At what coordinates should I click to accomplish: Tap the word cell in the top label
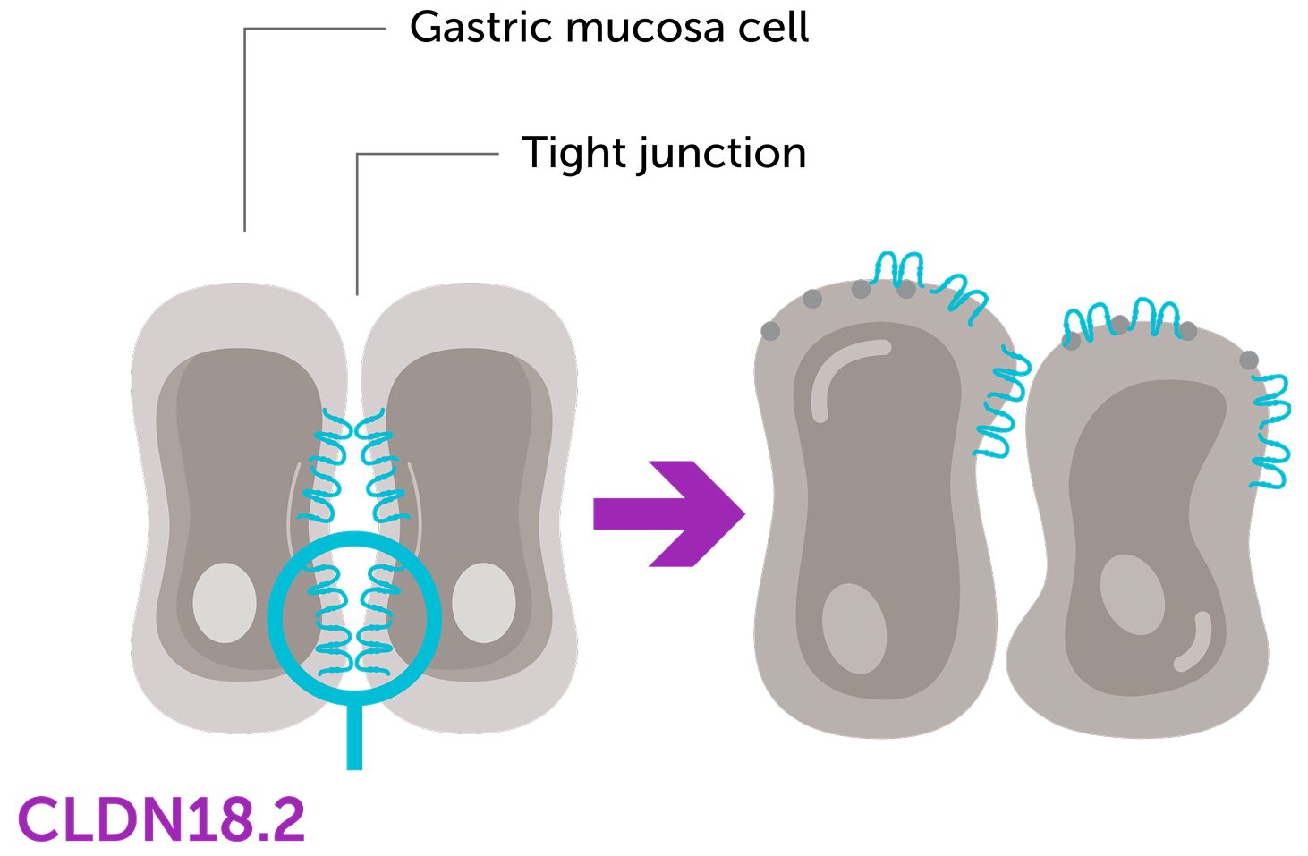click(773, 28)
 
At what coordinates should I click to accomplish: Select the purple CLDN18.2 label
click(161, 819)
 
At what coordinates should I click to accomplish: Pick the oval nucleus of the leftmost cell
click(225, 603)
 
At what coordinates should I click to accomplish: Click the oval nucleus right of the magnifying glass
click(483, 603)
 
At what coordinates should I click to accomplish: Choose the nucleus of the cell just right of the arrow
click(854, 628)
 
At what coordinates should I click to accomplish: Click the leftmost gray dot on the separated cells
click(769, 332)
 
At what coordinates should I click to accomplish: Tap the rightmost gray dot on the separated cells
click(1249, 360)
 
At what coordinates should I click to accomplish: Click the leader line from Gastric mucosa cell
click(245, 125)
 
